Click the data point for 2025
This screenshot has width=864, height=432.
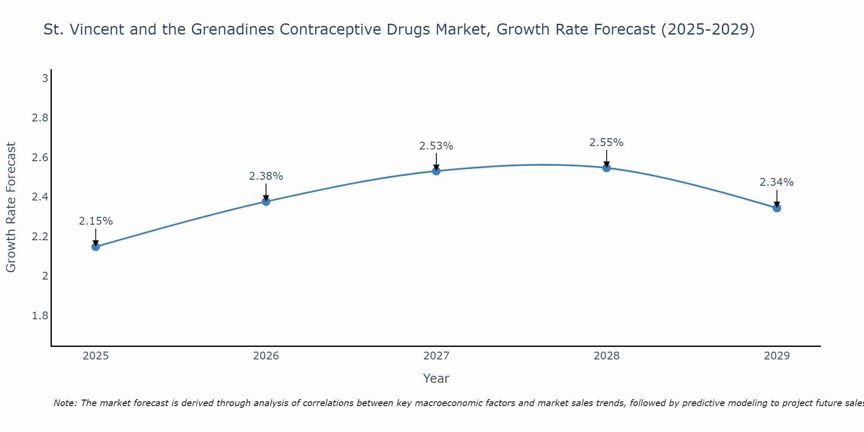[x=95, y=247]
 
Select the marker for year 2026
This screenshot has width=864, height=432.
[x=266, y=201]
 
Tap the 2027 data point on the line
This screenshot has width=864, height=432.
[x=436, y=171]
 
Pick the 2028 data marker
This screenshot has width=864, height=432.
[x=606, y=168]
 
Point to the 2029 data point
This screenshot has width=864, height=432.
[x=776, y=208]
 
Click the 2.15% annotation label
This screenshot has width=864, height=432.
[x=95, y=221]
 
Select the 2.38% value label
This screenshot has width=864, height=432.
[x=266, y=176]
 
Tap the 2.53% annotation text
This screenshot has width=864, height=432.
[x=436, y=146]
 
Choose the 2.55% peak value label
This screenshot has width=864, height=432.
[x=606, y=143]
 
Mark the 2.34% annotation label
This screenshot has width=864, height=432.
[x=776, y=182]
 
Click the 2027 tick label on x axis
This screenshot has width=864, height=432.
[x=436, y=356]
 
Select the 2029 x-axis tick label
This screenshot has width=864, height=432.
[x=776, y=356]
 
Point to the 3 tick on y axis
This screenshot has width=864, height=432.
[x=44, y=79]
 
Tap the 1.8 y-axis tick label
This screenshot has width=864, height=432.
[x=40, y=316]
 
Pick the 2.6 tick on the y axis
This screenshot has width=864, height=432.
[x=40, y=158]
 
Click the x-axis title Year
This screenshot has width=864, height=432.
[x=436, y=378]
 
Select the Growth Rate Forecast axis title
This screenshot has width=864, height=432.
[x=11, y=207]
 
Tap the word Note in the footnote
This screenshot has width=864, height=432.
[x=64, y=403]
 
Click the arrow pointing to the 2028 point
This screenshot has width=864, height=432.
[x=606, y=158]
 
